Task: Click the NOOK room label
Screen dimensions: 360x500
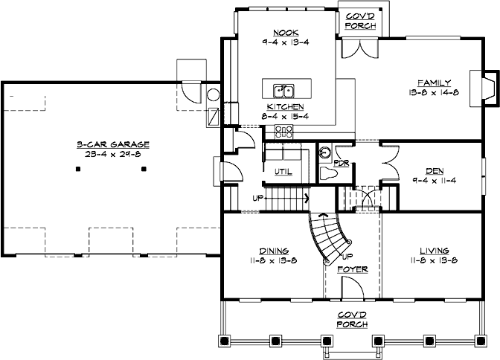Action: click(x=285, y=33)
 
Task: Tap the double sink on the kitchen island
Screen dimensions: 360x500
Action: click(x=284, y=91)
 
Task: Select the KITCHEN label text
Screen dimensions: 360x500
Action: click(x=285, y=106)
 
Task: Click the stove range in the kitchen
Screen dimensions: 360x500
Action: click(x=283, y=132)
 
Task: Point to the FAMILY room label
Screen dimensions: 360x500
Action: click(x=431, y=81)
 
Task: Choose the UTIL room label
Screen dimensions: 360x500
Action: click(x=283, y=172)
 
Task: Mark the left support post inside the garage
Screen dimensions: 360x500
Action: click(x=78, y=169)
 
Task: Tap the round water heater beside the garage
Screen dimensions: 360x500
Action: click(x=212, y=95)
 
